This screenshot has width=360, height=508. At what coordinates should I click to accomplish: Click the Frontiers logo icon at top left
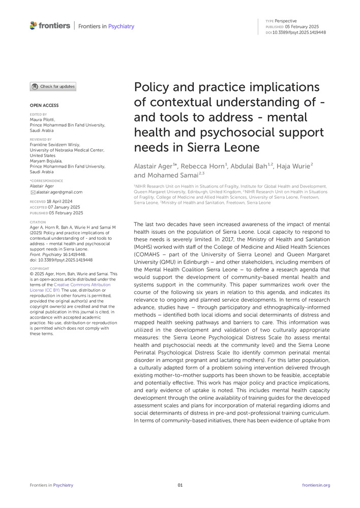pos(34,25)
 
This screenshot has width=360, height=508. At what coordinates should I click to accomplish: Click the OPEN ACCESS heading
pos(44,105)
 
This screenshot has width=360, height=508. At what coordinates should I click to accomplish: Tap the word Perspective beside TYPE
pos(286,21)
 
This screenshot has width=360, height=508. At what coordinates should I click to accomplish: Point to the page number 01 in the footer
pos(180,485)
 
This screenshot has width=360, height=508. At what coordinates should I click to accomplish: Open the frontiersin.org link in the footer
pos(316,485)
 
